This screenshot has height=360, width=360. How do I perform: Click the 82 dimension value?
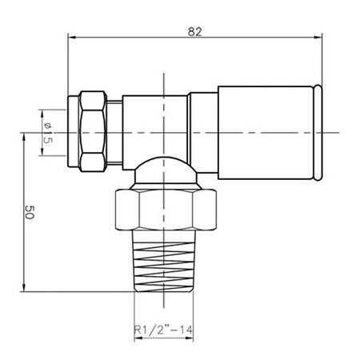(195, 32)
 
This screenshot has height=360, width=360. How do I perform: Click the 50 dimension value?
(30, 212)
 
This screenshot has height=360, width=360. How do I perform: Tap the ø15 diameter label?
(47, 133)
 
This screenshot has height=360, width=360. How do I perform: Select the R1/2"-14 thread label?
(163, 330)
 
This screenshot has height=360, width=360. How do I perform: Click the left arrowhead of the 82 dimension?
(72, 38)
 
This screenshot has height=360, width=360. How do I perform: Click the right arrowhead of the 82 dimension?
(318, 38)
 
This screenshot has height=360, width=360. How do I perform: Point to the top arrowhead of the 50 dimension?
(24, 138)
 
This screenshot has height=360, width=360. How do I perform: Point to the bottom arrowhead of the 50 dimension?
(24, 287)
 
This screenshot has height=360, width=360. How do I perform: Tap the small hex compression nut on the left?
(93, 131)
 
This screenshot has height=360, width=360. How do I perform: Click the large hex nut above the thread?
(166, 210)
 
